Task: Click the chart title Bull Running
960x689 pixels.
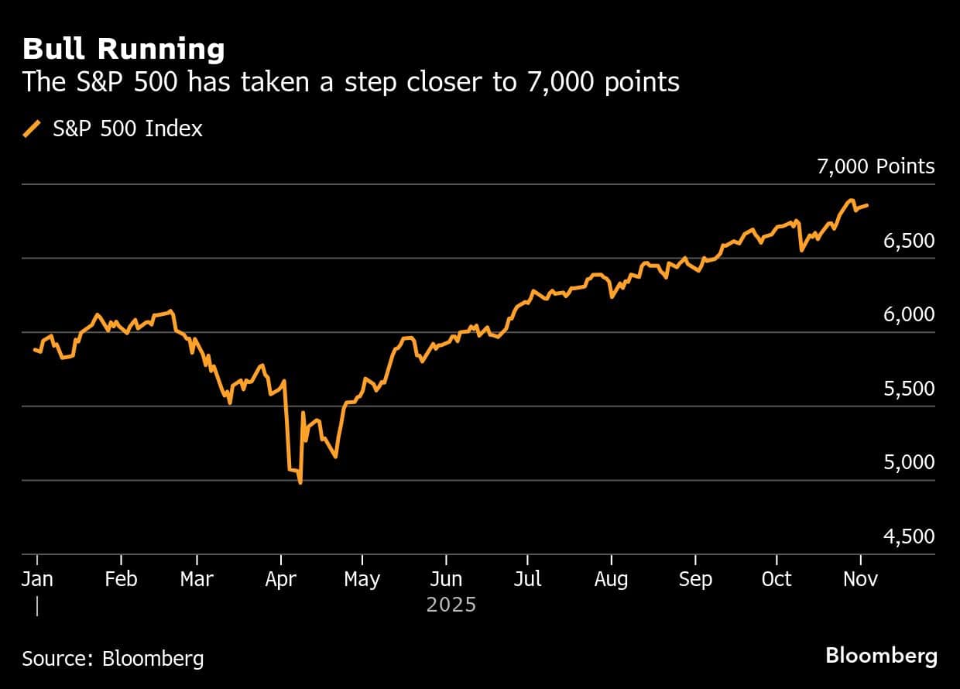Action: pyautogui.click(x=124, y=50)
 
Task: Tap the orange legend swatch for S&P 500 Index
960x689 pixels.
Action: pyautogui.click(x=33, y=129)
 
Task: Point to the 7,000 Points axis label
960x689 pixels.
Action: pyautogui.click(x=876, y=166)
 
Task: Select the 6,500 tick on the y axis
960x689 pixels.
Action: pyautogui.click(x=908, y=241)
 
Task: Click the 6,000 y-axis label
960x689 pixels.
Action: pyautogui.click(x=908, y=314)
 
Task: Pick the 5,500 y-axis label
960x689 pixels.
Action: pyautogui.click(x=908, y=389)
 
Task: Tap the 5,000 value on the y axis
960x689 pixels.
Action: pyautogui.click(x=908, y=462)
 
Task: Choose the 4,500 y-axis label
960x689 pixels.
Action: pyautogui.click(x=908, y=536)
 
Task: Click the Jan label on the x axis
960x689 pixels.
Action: pyautogui.click(x=36, y=579)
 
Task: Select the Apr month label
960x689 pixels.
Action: pyautogui.click(x=281, y=579)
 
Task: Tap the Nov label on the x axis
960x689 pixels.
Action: pyautogui.click(x=860, y=579)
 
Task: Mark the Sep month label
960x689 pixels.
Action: pyautogui.click(x=695, y=579)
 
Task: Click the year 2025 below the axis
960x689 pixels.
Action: pyautogui.click(x=451, y=604)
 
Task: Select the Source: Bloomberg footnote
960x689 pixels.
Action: pyautogui.click(x=113, y=659)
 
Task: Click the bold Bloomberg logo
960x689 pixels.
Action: pyautogui.click(x=881, y=656)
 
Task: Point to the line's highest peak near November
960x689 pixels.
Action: pyautogui.click(x=851, y=201)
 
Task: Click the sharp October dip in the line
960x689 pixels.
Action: pyautogui.click(x=801, y=250)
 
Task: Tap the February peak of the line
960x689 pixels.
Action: pyautogui.click(x=170, y=310)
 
